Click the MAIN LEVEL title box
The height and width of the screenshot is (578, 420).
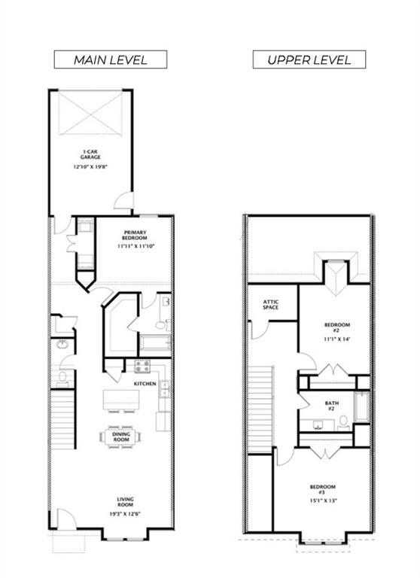coord(111,59)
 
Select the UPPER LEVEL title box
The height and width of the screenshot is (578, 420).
coord(309,59)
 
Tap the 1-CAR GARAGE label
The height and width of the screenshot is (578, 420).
coord(90,154)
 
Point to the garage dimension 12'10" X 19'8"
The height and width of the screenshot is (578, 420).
coord(90,166)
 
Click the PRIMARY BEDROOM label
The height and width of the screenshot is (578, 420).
coord(135,235)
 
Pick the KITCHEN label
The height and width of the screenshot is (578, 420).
coord(145,384)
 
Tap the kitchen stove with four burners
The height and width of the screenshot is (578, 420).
coord(142,367)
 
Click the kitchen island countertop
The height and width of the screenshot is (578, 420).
coord(121,399)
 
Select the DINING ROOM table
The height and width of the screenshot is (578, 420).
coord(121,437)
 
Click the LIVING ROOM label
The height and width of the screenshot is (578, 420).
coord(126,502)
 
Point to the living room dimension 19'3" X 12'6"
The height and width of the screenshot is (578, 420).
coord(126,514)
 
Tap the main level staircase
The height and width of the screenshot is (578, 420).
coord(62,419)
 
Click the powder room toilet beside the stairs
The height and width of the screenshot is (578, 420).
coord(62,379)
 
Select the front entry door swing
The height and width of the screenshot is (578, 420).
coord(66,519)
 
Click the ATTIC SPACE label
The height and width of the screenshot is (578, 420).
coord(271,305)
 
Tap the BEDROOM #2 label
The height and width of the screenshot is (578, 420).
coord(337,327)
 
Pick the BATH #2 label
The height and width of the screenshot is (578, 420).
coord(331,406)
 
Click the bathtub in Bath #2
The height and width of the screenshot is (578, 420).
coord(362,407)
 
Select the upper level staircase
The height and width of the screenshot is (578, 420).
coord(260,409)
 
